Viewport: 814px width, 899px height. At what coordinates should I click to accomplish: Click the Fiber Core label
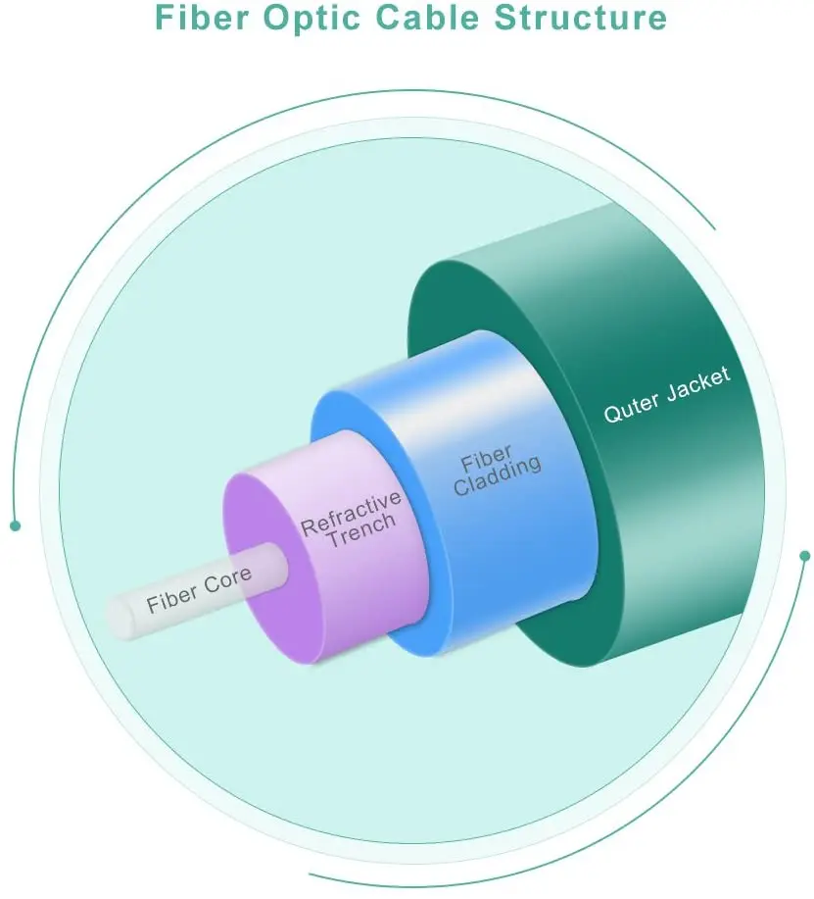click(198, 590)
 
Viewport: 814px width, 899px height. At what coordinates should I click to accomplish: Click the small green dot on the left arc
click(15, 525)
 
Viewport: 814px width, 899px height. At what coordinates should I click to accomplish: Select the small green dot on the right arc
click(805, 556)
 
